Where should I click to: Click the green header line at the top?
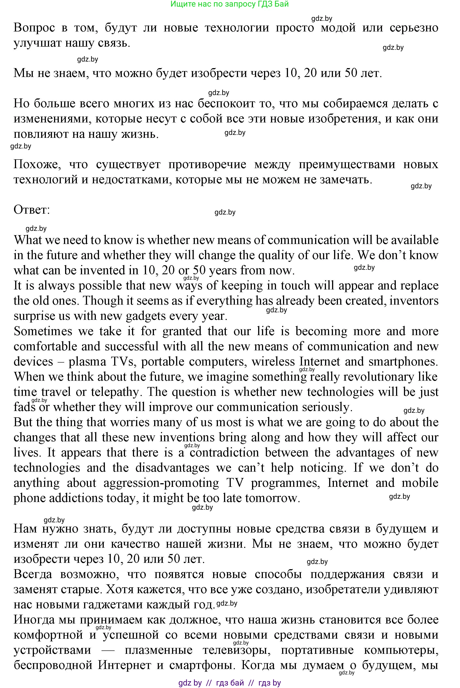click(x=229, y=4)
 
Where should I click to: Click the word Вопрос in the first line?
click(x=34, y=28)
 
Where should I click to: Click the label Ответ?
click(x=32, y=210)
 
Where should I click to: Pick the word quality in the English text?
click(x=276, y=255)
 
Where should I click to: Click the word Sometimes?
click(x=43, y=331)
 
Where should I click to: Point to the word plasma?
click(x=87, y=361)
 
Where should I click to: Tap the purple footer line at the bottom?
click(x=229, y=683)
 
